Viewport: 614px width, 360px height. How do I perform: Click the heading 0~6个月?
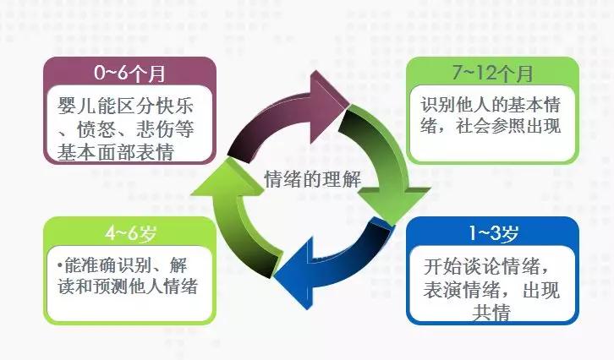coord(129,73)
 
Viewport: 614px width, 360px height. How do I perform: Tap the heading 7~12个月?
coord(492,73)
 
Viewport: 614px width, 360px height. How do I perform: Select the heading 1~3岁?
coord(493,233)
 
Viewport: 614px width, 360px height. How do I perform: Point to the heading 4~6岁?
coord(130,233)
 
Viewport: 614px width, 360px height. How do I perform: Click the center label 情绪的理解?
coord(312,179)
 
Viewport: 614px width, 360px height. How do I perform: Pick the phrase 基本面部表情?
coord(116,152)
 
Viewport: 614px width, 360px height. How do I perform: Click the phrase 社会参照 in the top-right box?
coord(491,127)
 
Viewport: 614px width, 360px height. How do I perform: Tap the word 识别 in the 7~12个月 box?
coord(438,105)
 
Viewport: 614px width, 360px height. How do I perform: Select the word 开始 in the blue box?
coord(442,266)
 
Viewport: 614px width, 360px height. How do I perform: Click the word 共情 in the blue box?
coord(491,313)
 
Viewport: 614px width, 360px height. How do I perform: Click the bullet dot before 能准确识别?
coord(60,265)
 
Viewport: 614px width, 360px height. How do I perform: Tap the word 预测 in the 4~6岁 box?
coord(111,286)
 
